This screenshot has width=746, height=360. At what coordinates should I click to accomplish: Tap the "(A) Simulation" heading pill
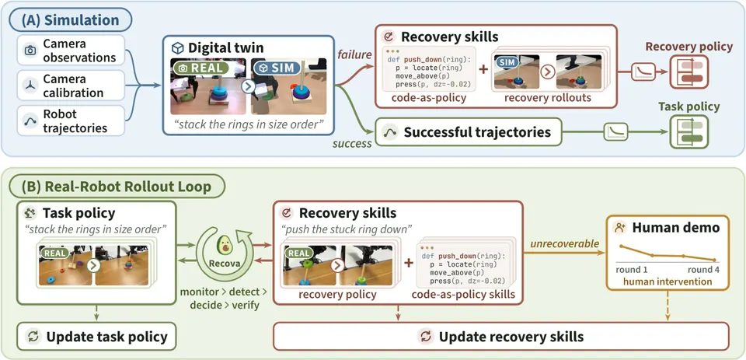[71, 20]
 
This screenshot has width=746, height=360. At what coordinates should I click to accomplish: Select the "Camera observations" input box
[71, 50]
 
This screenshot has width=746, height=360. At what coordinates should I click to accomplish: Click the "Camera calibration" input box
[71, 86]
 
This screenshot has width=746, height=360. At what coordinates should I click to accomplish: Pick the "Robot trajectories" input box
[71, 121]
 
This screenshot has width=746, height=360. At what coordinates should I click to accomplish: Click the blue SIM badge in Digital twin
[277, 68]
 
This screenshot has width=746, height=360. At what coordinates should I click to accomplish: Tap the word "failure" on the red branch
[354, 54]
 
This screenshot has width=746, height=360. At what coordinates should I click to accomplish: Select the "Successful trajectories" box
[469, 132]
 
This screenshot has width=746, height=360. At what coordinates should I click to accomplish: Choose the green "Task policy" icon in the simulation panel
[689, 132]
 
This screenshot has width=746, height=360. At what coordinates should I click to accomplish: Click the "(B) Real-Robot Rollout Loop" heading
[116, 187]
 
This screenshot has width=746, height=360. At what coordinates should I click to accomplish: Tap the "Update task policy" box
[96, 337]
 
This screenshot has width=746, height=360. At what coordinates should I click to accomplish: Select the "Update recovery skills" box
[501, 337]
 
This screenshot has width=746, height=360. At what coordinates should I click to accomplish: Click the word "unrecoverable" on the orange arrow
[564, 243]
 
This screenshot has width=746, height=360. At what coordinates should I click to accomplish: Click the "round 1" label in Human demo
[631, 271]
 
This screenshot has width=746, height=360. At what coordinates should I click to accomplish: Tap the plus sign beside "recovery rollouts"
[483, 69]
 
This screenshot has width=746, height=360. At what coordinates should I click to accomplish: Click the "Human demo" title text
[676, 228]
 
